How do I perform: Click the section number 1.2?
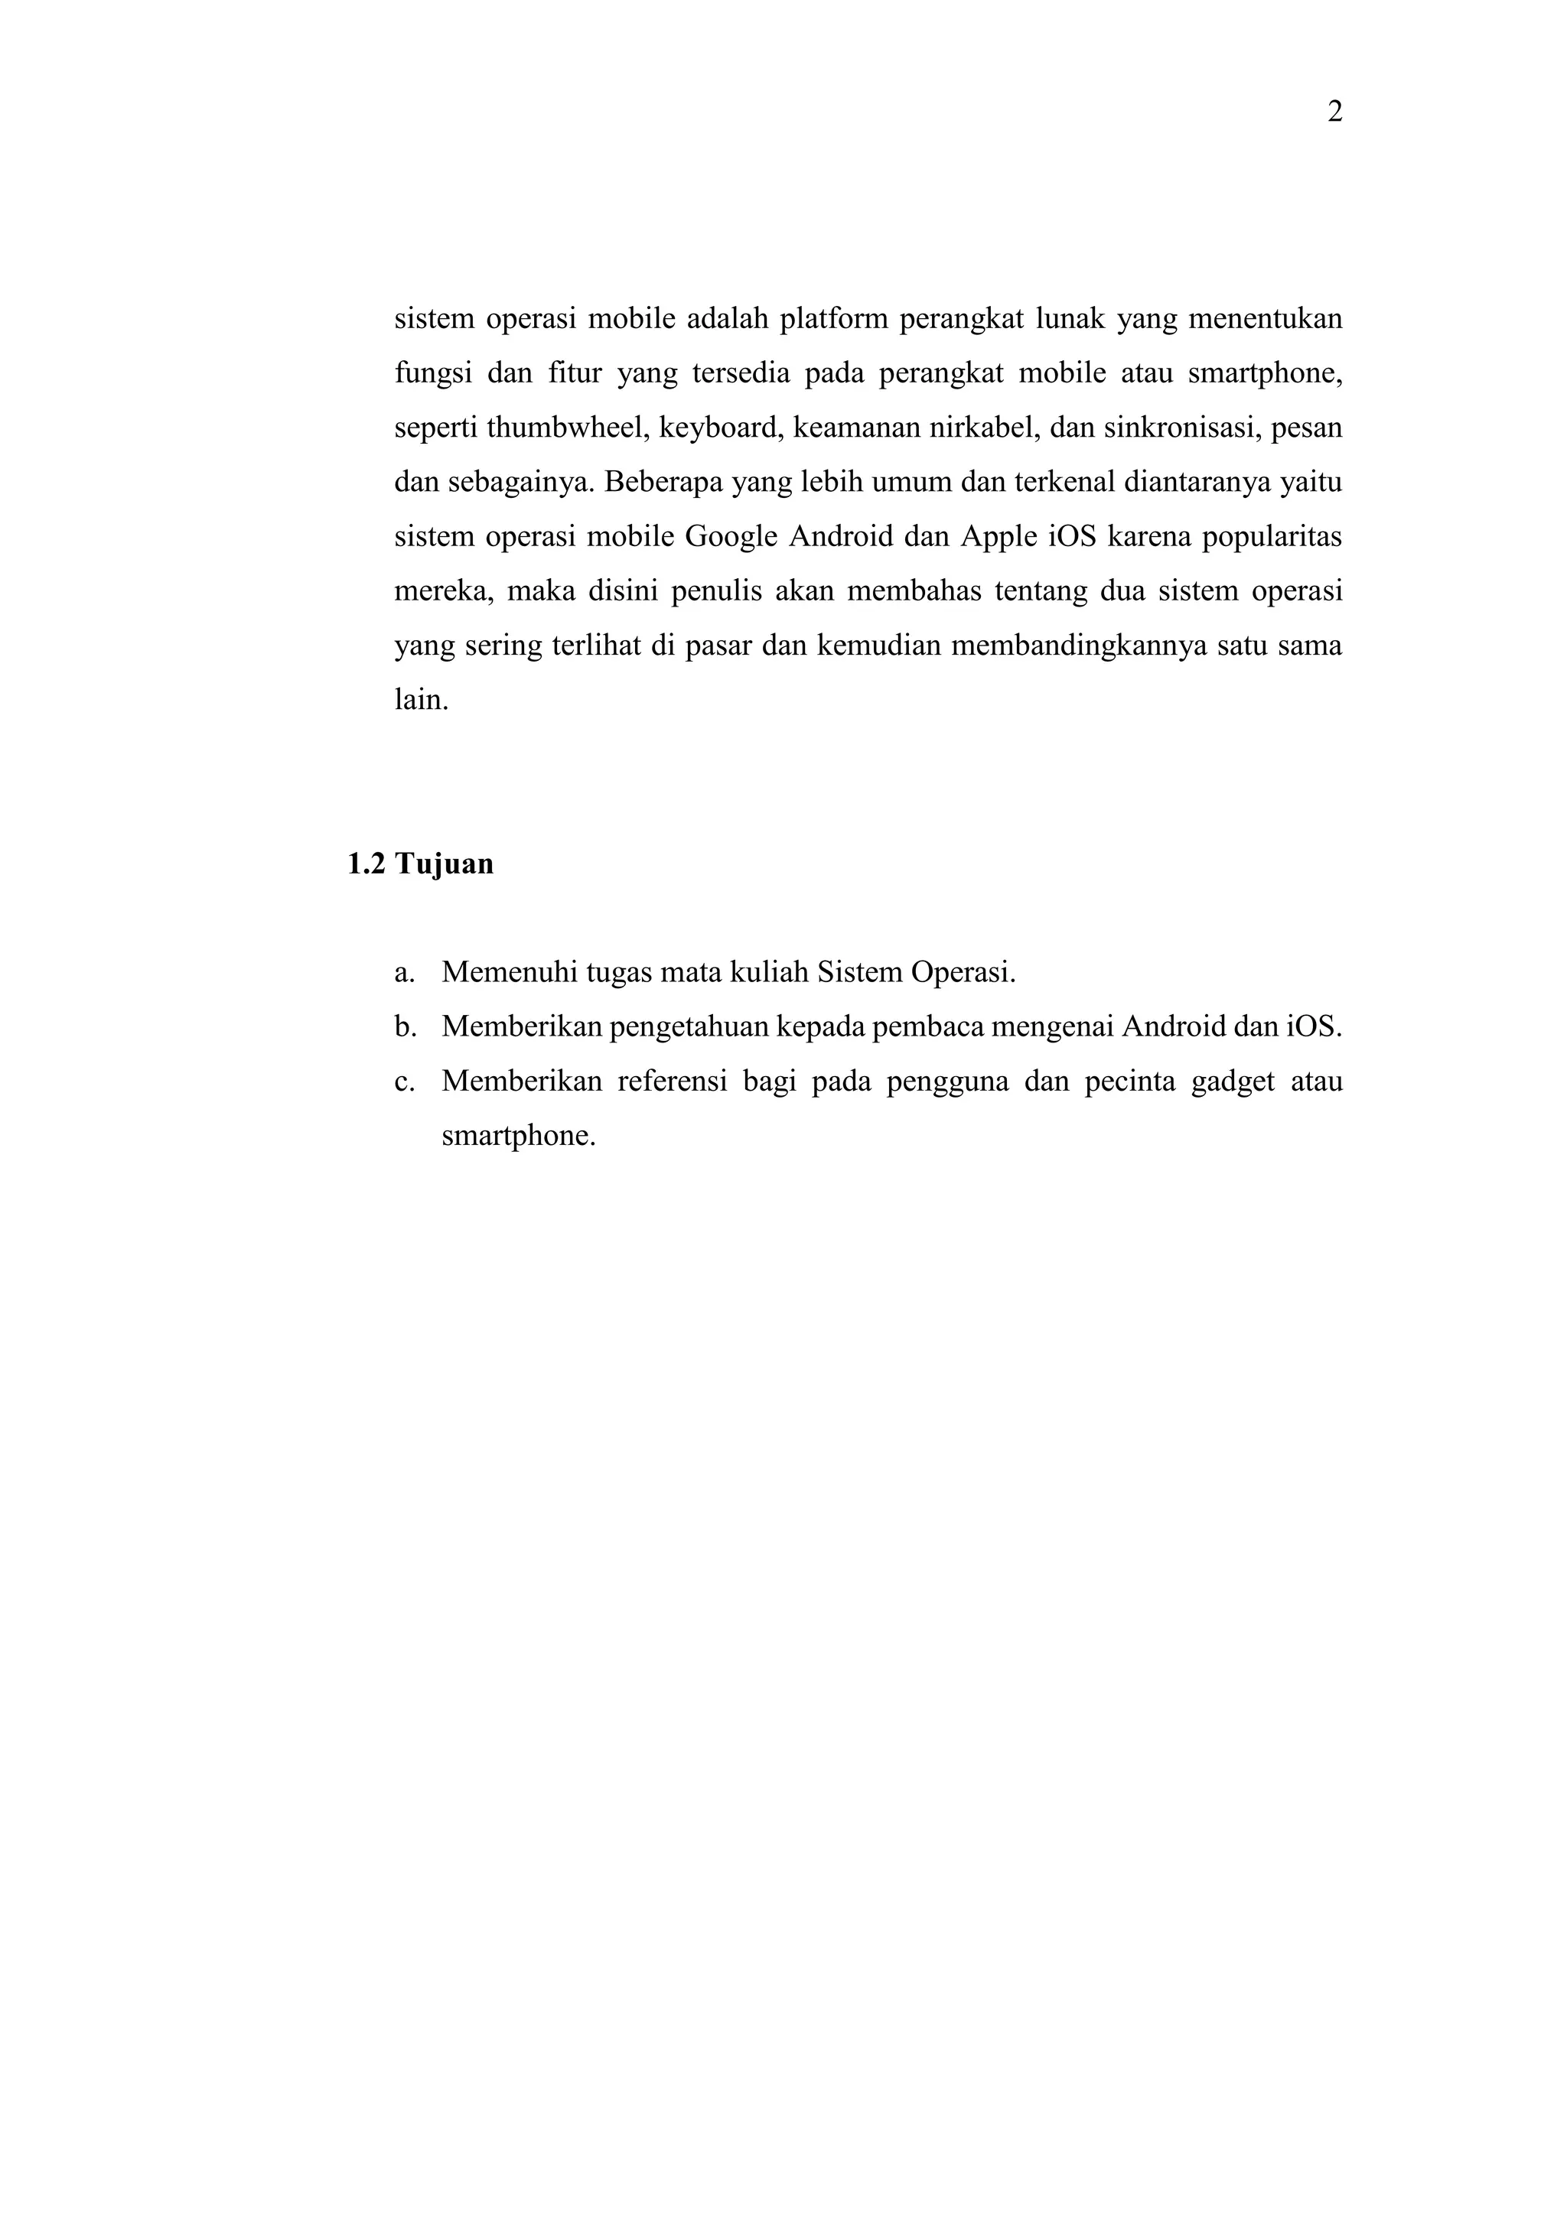(x=366, y=864)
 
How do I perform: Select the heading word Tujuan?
(x=444, y=864)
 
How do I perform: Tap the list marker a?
(x=403, y=972)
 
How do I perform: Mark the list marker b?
(x=404, y=1026)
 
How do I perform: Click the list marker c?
(x=403, y=1081)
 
